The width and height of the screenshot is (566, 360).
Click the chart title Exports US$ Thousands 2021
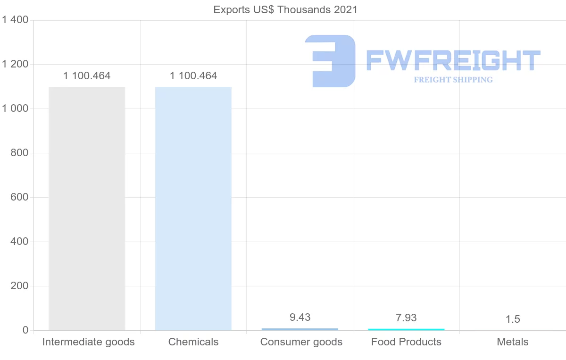(285, 9)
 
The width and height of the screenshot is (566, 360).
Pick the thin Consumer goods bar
(300, 329)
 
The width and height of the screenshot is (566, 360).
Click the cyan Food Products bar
(406, 329)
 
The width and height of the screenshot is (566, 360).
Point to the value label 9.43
(300, 318)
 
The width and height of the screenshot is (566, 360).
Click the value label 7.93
(406, 318)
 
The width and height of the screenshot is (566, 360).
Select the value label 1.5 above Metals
(513, 319)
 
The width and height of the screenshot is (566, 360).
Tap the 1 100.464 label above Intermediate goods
(87, 76)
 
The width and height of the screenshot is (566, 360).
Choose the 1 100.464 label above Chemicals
(193, 76)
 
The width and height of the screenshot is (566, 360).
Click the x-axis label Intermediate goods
(88, 342)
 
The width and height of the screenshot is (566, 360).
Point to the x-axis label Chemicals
(193, 342)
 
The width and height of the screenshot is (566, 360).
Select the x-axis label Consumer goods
(301, 342)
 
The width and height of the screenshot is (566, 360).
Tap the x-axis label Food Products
(406, 342)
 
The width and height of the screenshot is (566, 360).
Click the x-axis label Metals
(513, 342)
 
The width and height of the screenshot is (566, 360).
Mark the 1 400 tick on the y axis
(16, 20)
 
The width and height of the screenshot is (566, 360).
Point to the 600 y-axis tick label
(19, 197)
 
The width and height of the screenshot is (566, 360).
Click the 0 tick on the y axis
(25, 330)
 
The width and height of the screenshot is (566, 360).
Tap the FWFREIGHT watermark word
(453, 60)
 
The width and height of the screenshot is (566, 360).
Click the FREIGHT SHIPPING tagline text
(453, 80)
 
